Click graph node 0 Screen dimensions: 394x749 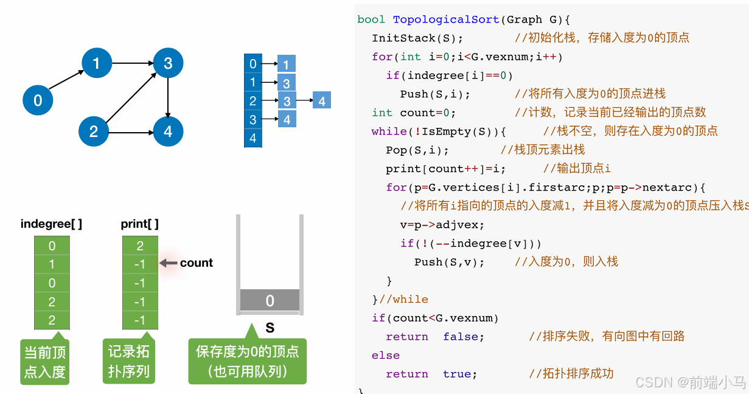coord(38,100)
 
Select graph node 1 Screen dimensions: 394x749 coord(97,63)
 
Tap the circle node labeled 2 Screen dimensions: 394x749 coord(94,132)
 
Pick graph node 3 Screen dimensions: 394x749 coord(168,63)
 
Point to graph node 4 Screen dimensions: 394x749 coord(168,132)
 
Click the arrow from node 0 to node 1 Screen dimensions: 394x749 coord(67,81)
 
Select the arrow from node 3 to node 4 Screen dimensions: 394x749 coord(168,97)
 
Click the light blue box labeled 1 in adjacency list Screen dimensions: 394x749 coord(287,64)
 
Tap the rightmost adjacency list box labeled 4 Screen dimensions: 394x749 coord(322,101)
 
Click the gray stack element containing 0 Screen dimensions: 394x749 coord(270,300)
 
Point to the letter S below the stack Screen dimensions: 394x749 coord(270,328)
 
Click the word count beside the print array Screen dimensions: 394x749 coord(196,263)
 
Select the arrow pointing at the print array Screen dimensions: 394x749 coord(168,263)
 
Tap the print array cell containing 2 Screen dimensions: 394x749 coord(140,246)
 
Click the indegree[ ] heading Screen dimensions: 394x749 coord(51,224)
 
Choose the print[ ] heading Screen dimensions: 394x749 coord(139,224)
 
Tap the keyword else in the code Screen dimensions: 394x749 coord(386,355)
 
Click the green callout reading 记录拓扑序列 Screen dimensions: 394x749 coord(129,361)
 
